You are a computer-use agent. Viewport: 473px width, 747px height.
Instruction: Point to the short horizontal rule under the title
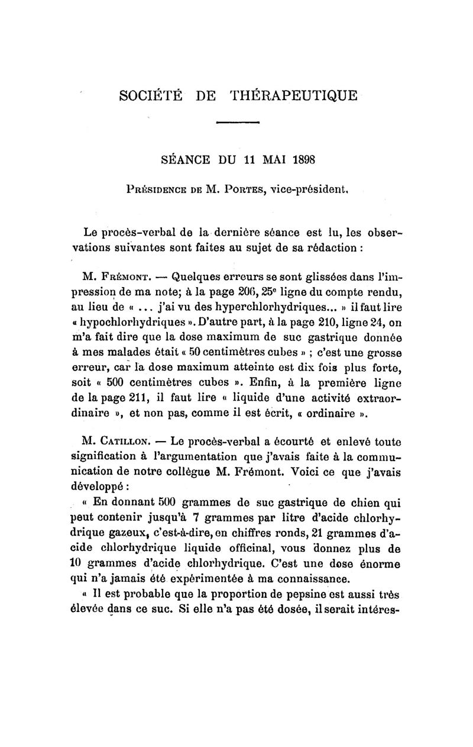coord(238,123)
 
